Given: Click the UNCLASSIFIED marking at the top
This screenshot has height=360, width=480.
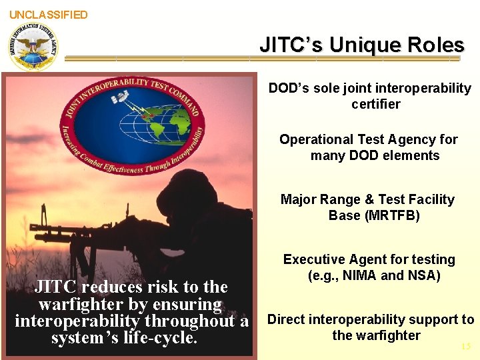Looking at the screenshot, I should coord(48,14).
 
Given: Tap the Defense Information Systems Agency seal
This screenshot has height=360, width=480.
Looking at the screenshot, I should coord(33,46).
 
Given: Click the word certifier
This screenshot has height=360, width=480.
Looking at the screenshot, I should coord(376,105).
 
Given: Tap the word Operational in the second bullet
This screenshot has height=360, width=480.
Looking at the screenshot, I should coord(316,139).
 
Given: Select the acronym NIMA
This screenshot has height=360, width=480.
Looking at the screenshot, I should coord(360,275).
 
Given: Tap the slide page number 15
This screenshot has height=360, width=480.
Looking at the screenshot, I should coord(465,346).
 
